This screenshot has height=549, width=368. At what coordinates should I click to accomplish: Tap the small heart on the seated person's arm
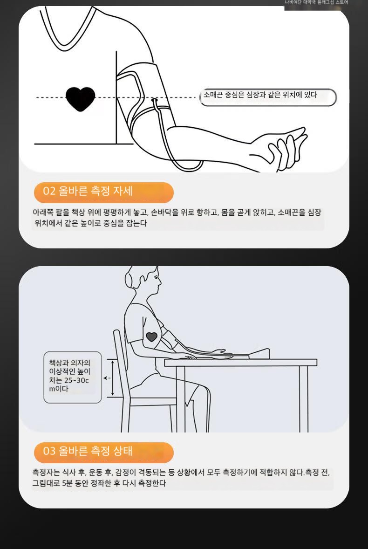(x=151, y=337)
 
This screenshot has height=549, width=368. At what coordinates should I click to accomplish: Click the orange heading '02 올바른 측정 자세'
(x=103, y=192)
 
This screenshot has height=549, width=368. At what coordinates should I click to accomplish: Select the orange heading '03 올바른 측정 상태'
(x=103, y=452)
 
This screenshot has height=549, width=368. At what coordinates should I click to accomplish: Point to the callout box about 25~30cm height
(x=72, y=377)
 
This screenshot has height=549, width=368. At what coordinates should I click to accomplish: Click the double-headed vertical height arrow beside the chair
(x=112, y=378)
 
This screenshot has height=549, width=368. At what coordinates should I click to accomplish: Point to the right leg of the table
(x=304, y=399)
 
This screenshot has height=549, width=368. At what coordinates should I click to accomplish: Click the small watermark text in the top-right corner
(x=316, y=2)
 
